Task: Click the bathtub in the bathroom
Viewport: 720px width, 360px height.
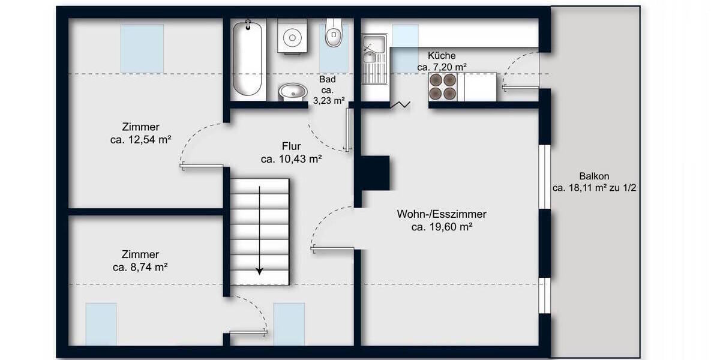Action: [247, 58]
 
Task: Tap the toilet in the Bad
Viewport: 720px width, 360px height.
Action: [333, 34]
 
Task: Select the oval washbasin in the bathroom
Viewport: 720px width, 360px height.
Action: [293, 92]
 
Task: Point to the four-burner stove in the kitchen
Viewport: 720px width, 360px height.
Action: [443, 87]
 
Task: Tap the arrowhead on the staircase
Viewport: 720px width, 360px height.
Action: [259, 271]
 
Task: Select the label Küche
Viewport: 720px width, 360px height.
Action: [442, 56]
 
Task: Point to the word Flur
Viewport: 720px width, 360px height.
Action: [291, 146]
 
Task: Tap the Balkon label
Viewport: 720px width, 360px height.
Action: [594, 176]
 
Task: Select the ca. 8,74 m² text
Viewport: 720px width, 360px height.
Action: [139, 268]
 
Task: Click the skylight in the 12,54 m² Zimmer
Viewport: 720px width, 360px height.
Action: [142, 48]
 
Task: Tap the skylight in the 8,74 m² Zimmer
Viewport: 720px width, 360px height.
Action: [101, 324]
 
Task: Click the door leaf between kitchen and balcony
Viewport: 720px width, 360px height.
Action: [520, 88]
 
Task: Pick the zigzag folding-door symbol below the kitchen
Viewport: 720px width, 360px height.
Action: [400, 106]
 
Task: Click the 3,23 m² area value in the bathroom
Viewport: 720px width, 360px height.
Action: [328, 101]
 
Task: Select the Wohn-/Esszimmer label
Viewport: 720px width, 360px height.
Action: [442, 214]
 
